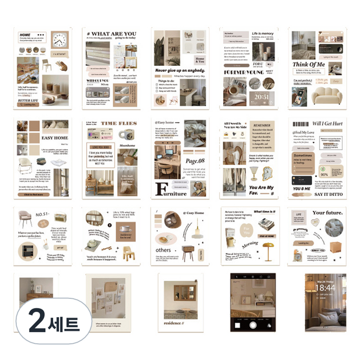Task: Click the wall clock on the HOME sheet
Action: pyautogui.click(x=59, y=40)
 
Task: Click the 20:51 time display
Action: pyautogui.click(x=261, y=96)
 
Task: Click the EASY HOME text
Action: pyautogui.click(x=55, y=138)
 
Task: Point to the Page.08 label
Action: pyautogui.click(x=194, y=161)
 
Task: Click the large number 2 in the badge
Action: pyautogui.click(x=37, y=323)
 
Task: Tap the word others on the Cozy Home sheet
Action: pyautogui.click(x=163, y=250)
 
